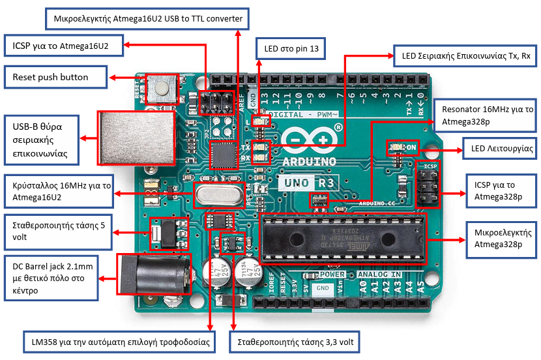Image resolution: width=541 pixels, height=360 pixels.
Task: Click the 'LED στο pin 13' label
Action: point(293,48)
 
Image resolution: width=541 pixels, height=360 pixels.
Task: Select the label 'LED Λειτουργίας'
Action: point(499,149)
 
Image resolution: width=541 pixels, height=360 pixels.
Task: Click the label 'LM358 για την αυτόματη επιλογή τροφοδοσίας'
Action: point(121,341)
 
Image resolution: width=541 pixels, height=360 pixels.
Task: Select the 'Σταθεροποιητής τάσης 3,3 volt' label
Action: point(295,341)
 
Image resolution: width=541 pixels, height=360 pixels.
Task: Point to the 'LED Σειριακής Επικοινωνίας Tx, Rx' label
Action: point(465,56)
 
